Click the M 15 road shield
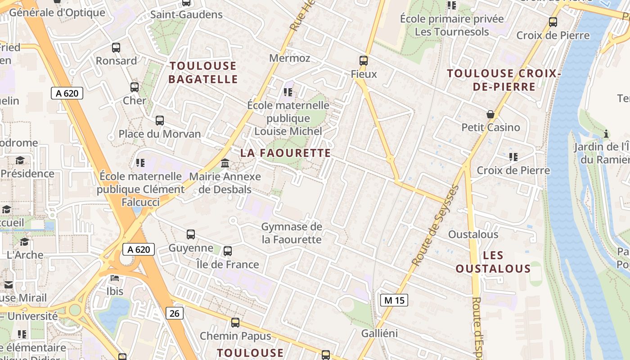394,300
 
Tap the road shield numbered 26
174,313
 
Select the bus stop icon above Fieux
363,60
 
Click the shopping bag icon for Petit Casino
490,114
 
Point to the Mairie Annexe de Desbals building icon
225,163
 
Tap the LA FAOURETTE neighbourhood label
286,153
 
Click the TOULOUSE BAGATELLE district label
203,72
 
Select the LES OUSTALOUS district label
493,262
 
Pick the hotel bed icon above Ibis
115,278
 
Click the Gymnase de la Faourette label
292,233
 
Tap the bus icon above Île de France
228,251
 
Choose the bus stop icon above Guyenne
191,234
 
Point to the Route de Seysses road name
435,225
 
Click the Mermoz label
290,58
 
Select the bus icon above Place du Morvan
160,121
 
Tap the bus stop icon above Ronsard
116,48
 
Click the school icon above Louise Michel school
288,92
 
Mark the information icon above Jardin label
606,134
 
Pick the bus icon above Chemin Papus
235,323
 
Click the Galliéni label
380,333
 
